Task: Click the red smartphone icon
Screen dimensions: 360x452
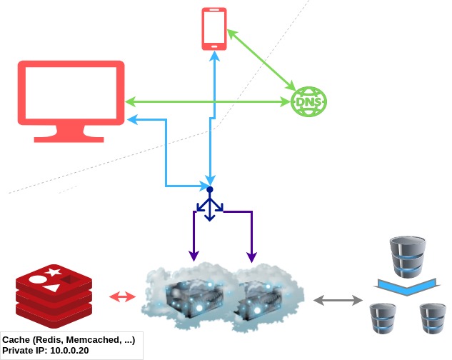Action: click(x=214, y=29)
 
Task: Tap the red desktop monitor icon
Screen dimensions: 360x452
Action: click(x=71, y=93)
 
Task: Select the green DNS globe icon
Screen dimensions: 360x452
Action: click(x=308, y=103)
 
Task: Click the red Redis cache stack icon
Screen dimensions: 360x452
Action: click(x=54, y=293)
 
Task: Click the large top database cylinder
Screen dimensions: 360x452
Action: click(x=408, y=258)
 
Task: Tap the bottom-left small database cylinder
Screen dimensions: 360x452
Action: click(x=383, y=319)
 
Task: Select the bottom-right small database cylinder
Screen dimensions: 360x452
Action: click(x=433, y=319)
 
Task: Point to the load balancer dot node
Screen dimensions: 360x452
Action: click(x=209, y=189)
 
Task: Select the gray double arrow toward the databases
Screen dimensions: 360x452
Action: click(x=338, y=301)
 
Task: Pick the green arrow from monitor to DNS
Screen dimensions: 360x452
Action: click(x=214, y=102)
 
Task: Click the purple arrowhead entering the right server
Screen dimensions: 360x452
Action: click(x=251, y=255)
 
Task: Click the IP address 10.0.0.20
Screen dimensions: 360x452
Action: click(x=69, y=351)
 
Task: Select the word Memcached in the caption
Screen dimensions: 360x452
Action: click(x=92, y=340)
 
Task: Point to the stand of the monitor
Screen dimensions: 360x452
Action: click(x=71, y=133)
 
